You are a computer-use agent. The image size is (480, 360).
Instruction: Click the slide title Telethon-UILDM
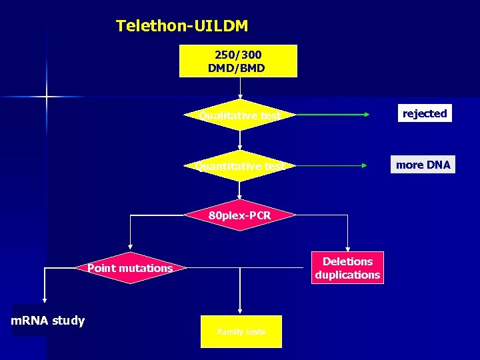pyautogui.click(x=181, y=26)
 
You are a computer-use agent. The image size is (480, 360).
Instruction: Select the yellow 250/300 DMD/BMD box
pyautogui.click(x=238, y=61)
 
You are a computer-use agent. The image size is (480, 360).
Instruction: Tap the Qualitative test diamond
pyautogui.click(x=240, y=115)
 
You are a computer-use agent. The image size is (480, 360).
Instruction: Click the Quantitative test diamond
pyautogui.click(x=240, y=166)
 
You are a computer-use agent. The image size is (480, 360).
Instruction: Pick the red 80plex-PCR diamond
pyautogui.click(x=240, y=215)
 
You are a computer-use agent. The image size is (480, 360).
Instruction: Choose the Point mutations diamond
pyautogui.click(x=130, y=268)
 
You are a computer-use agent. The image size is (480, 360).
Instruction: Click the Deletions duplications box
pyautogui.click(x=347, y=268)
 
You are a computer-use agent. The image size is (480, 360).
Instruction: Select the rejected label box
pyautogui.click(x=424, y=113)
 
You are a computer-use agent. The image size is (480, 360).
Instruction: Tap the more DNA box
pyautogui.click(x=423, y=165)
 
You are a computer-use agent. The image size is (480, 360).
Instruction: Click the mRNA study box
pyautogui.click(x=48, y=321)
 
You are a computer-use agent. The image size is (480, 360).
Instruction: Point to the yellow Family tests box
pyautogui.click(x=241, y=331)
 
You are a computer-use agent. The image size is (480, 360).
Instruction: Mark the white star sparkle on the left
pyautogui.click(x=47, y=97)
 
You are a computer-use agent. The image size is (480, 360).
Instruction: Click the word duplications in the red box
pyautogui.click(x=347, y=275)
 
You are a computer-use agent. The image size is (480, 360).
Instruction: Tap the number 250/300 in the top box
pyautogui.click(x=238, y=55)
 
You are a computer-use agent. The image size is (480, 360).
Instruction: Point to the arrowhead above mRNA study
pyautogui.click(x=45, y=300)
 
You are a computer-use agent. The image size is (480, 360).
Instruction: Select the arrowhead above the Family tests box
pyautogui.click(x=241, y=311)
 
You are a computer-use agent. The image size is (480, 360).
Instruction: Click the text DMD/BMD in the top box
pyautogui.click(x=237, y=68)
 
